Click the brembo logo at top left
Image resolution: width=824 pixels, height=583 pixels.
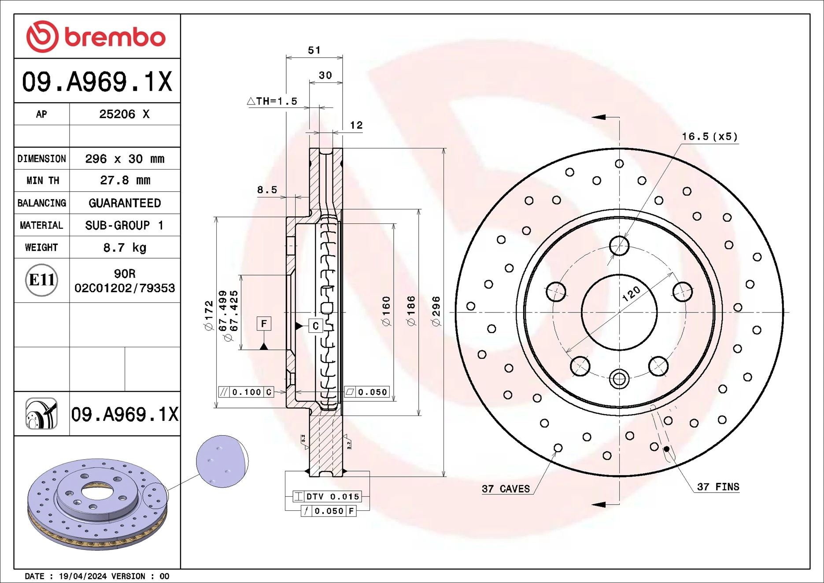96,37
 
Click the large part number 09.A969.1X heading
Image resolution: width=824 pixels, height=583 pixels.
97,82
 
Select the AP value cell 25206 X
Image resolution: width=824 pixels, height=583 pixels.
124,114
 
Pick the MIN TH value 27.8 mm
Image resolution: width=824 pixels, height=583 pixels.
125,180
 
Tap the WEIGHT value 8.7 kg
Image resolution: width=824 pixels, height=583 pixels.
125,248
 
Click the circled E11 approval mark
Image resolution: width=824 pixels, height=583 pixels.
41,280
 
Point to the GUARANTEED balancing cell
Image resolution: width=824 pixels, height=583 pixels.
125,203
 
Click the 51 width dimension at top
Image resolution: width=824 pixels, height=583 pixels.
314,50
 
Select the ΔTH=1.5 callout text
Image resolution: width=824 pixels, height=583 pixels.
272,101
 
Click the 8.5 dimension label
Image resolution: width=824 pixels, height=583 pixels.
267,190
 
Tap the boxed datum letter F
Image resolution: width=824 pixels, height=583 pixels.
264,324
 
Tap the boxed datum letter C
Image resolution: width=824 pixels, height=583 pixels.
315,326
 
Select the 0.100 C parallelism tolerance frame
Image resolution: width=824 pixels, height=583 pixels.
246,392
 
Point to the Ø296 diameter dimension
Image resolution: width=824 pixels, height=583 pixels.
436,311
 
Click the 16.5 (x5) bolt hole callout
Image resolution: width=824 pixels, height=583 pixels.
709,137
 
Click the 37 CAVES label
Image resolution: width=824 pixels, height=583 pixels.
506,489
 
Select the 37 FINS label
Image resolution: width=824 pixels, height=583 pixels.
718,487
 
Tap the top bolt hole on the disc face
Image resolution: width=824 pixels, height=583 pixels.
619,245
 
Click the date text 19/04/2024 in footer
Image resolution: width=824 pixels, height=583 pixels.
82,576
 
